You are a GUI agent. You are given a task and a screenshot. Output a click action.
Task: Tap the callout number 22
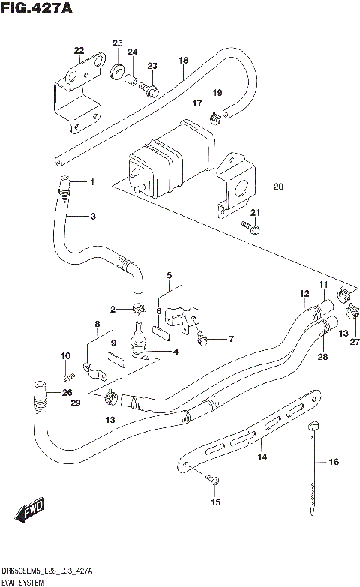click(79, 51)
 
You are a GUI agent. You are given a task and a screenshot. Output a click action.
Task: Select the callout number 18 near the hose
click(182, 59)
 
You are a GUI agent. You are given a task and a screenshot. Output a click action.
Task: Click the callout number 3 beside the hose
click(93, 217)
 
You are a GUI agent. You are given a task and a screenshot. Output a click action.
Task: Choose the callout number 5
click(169, 275)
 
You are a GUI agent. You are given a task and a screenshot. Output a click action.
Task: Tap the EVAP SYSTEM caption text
click(24, 582)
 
